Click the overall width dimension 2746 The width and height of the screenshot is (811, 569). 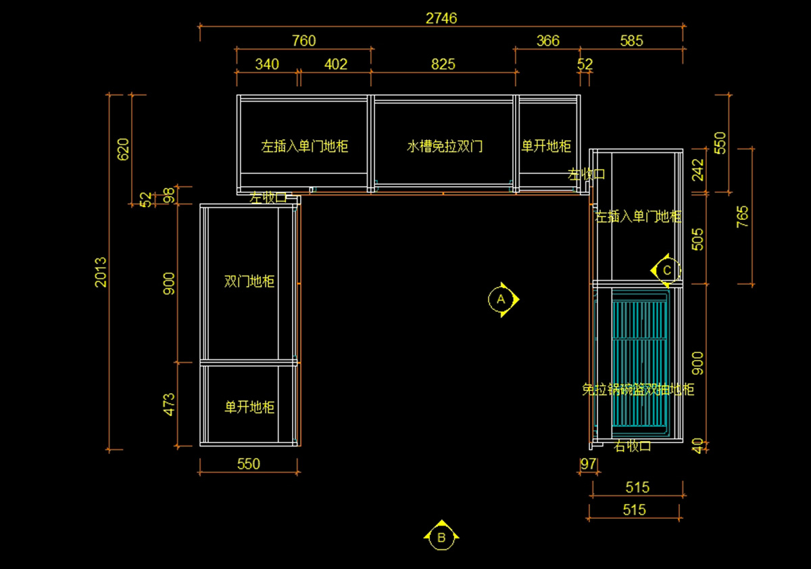441,18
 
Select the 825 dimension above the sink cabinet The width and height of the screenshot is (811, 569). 443,64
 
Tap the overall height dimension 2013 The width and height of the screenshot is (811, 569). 101,271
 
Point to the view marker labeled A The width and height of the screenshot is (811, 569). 501,298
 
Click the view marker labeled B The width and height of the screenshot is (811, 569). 441,538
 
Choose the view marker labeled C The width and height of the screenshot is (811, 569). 666,270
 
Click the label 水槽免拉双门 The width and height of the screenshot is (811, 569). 445,146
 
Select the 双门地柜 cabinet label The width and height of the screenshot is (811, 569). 249,281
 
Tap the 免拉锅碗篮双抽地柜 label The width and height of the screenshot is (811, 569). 638,390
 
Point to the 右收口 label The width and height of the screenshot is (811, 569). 633,446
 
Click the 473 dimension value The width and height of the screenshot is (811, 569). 169,404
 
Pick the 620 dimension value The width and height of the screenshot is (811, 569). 124,149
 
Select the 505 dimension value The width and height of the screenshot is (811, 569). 697,239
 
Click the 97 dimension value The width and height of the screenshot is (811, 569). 589,464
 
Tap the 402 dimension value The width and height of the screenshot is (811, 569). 336,64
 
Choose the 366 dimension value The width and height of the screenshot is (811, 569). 547,41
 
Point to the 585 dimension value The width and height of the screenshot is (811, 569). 631,41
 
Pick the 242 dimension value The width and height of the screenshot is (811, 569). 697,169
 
